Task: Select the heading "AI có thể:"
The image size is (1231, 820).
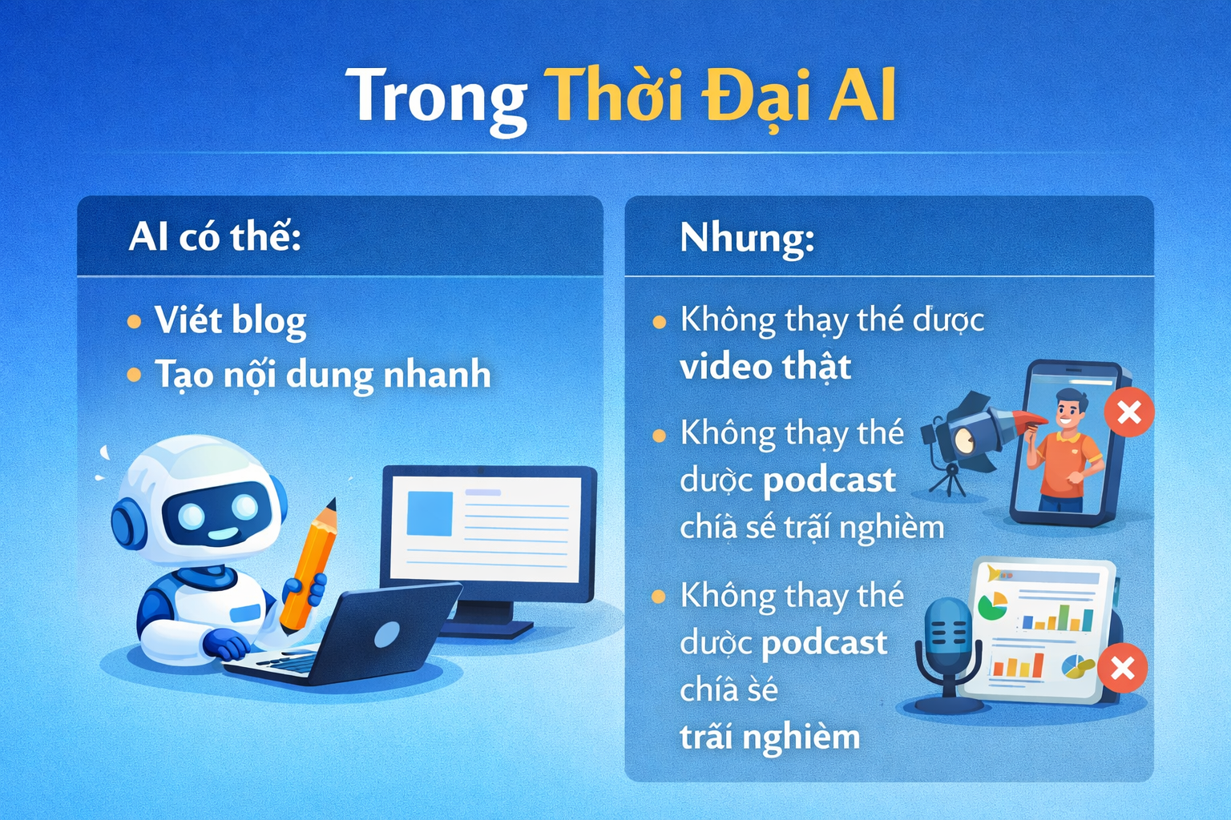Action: (215, 237)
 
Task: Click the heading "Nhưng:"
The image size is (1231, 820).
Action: (747, 238)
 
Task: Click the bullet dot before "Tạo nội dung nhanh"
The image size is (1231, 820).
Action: (134, 375)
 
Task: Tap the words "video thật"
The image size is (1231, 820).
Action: (765, 366)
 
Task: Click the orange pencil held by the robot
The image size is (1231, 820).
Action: (309, 565)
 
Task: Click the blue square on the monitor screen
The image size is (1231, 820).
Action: (430, 513)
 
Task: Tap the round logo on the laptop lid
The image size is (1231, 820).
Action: (387, 635)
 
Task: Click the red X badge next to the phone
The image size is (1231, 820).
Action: (1129, 412)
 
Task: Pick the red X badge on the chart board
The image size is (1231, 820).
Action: (1122, 668)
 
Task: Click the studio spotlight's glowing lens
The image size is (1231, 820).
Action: (964, 441)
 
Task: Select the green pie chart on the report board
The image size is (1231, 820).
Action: (992, 605)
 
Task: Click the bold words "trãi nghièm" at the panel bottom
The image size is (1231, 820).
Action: (770, 737)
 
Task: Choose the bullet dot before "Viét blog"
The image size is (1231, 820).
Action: (134, 321)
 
